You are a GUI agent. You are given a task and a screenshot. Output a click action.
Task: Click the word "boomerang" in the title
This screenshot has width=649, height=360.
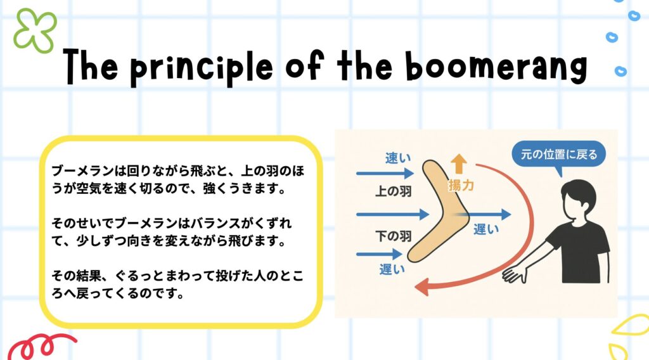[x=496, y=67]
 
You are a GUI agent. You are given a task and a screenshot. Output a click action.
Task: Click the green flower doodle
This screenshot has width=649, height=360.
[x=35, y=31]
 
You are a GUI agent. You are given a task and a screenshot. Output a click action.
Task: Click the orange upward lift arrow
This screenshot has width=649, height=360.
[x=459, y=164]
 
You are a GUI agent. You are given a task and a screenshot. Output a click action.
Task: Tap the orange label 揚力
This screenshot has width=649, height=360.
[x=461, y=185]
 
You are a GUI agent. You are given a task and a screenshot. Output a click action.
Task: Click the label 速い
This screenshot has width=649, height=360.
[x=398, y=158]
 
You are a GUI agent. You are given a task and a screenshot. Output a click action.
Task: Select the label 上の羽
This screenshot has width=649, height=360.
[x=393, y=191]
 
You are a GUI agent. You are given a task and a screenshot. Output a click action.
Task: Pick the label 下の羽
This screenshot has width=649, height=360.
[x=393, y=236]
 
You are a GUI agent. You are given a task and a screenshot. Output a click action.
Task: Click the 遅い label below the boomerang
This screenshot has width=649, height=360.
[x=392, y=269]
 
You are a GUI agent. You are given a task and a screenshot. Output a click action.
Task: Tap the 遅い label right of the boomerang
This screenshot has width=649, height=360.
[x=486, y=229]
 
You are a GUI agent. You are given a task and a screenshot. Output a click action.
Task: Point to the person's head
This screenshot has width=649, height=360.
[x=579, y=201]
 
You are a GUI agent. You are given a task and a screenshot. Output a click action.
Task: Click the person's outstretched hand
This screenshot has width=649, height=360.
[x=514, y=274]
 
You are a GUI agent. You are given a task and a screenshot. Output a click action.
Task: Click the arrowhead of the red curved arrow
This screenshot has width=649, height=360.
[x=422, y=286]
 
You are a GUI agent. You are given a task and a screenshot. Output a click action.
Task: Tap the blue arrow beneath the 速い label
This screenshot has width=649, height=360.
[x=385, y=174]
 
